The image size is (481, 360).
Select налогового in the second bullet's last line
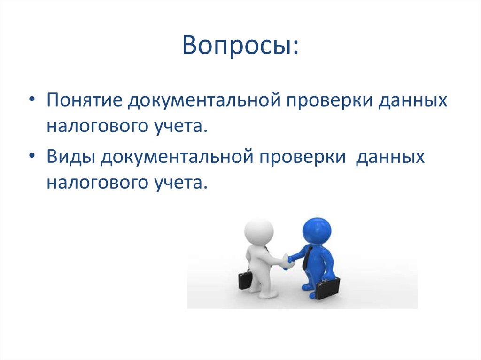click(96, 183)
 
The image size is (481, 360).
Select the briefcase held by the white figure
click(245, 280)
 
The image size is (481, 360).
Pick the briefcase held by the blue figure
click(327, 288)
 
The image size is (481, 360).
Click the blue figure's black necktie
click(306, 258)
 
